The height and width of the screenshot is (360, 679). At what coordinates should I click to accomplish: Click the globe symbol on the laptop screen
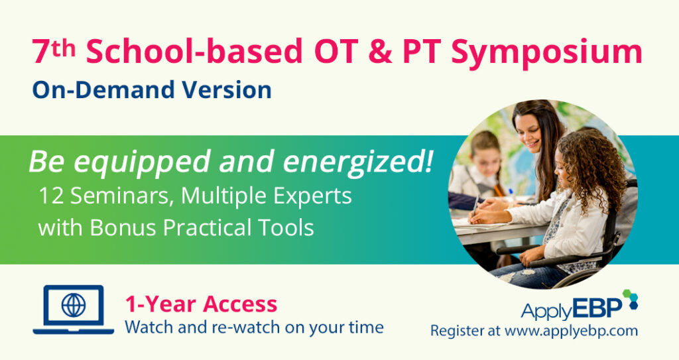[x=73, y=306]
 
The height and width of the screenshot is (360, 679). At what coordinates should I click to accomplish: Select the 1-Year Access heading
[x=201, y=304]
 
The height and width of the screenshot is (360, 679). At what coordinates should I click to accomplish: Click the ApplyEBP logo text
[x=570, y=310]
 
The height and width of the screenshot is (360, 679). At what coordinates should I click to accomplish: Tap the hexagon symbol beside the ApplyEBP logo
[x=629, y=299]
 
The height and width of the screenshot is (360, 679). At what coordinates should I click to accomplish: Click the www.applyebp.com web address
[x=570, y=330]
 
